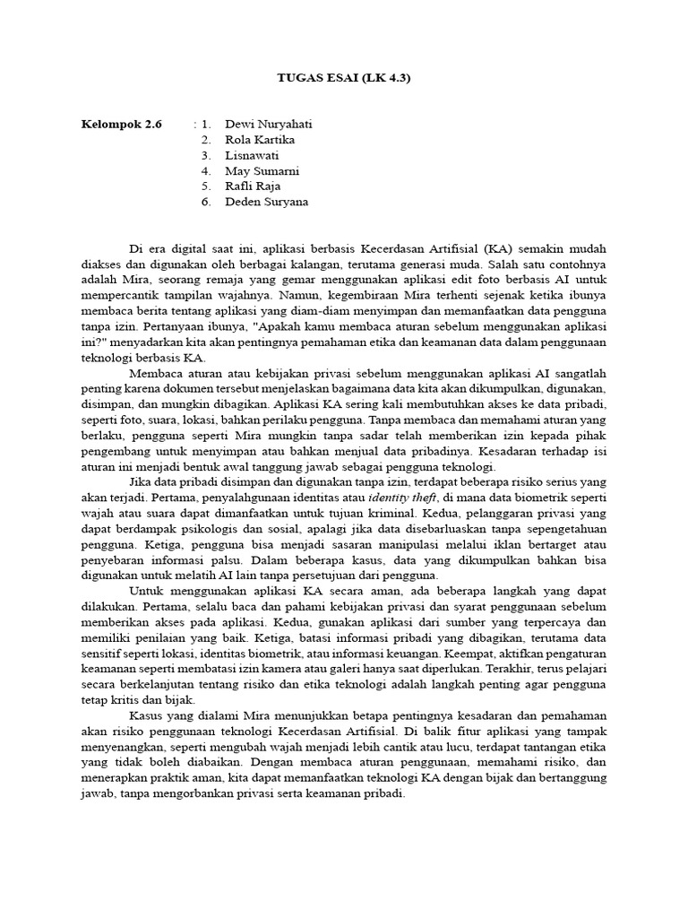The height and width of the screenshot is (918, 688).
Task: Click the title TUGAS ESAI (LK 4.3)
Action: click(x=344, y=78)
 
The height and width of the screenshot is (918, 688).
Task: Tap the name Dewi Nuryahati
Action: click(x=268, y=123)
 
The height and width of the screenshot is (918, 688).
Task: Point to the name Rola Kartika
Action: click(x=260, y=139)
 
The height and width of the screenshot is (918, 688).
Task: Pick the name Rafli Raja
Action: click(x=253, y=186)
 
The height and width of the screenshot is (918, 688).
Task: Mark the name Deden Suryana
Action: click(x=266, y=202)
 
